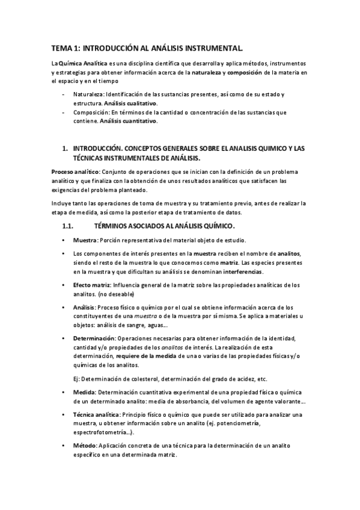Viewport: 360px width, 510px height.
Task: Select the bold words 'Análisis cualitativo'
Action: (x=131, y=103)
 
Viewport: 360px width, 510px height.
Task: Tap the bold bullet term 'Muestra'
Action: (x=85, y=240)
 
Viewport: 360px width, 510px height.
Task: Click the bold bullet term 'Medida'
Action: (x=84, y=392)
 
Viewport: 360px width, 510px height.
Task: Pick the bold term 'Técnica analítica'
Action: (x=96, y=415)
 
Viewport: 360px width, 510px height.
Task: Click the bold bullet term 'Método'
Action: (x=84, y=446)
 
